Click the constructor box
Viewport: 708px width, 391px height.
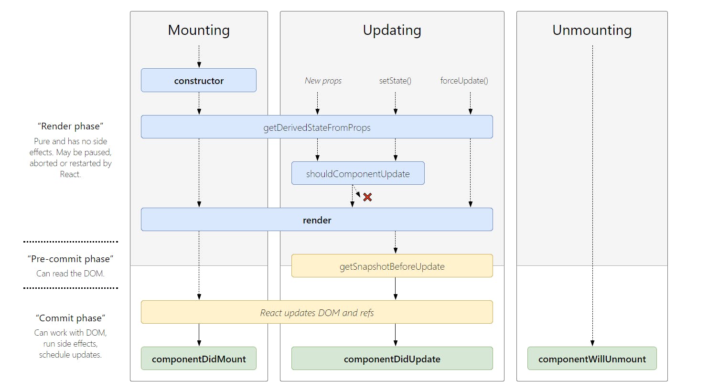tap(199, 80)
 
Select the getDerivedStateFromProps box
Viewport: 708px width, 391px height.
tap(317, 127)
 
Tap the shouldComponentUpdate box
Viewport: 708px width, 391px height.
tap(358, 173)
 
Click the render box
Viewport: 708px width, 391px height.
tap(317, 220)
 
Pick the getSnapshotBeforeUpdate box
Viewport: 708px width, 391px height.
tap(392, 266)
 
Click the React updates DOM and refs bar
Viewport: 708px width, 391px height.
tap(317, 312)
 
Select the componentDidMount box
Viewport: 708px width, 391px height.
tap(199, 359)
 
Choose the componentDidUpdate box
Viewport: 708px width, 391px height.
tap(392, 359)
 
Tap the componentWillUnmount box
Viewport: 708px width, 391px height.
tap(592, 359)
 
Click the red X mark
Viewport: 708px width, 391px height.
tap(367, 197)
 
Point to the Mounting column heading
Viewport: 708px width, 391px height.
tap(199, 30)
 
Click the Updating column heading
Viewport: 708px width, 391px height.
tap(392, 30)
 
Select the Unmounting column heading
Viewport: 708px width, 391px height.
tap(592, 30)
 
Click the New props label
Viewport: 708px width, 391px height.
tap(323, 81)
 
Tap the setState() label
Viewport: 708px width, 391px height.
tap(395, 81)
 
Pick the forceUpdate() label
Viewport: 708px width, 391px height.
tap(464, 81)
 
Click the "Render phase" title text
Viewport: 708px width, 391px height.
tap(70, 126)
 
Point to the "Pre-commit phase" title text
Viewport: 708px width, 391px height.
tap(70, 259)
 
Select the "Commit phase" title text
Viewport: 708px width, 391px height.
tap(70, 318)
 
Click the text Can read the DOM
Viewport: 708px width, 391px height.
tap(70, 274)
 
